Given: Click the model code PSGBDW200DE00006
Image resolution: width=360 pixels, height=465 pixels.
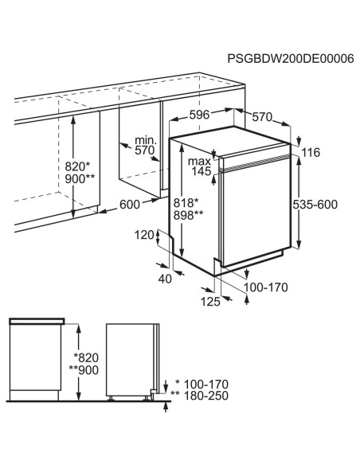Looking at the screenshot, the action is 291,59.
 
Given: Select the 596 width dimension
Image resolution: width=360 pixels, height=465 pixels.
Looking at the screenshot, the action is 200,115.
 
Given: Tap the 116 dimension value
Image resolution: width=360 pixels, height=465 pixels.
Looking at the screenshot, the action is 311,152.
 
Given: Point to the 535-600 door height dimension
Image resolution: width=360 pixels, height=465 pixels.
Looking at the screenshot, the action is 315,205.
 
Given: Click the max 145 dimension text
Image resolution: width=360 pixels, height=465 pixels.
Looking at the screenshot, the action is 201,166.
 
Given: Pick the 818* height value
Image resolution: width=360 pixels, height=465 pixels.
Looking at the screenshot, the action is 186,203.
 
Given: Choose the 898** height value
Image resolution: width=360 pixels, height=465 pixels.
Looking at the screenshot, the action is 188,216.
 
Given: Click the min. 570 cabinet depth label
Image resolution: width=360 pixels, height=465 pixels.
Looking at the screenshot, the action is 145,145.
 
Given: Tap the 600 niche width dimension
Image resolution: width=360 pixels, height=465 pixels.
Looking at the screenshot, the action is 130,205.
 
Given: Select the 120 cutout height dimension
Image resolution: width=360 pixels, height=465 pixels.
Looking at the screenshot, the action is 144,235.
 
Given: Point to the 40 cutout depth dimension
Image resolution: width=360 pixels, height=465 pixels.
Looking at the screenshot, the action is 165,279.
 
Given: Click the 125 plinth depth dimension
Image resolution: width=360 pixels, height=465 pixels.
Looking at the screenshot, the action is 210,302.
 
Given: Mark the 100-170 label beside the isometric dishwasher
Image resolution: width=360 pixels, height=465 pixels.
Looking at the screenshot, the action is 266,287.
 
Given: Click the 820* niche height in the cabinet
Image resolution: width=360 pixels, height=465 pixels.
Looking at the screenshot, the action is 77,166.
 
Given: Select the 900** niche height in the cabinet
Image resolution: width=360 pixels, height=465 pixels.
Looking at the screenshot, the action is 80,179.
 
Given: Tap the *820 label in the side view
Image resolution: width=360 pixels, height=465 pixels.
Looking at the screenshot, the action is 86,358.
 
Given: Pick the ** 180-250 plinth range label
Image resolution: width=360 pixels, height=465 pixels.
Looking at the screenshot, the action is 200,396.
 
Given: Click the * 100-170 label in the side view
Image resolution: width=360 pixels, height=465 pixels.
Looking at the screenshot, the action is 202,385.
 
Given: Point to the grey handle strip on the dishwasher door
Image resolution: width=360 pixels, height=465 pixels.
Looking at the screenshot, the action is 256,162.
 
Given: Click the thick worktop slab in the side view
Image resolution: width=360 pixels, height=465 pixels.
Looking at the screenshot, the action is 37,321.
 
